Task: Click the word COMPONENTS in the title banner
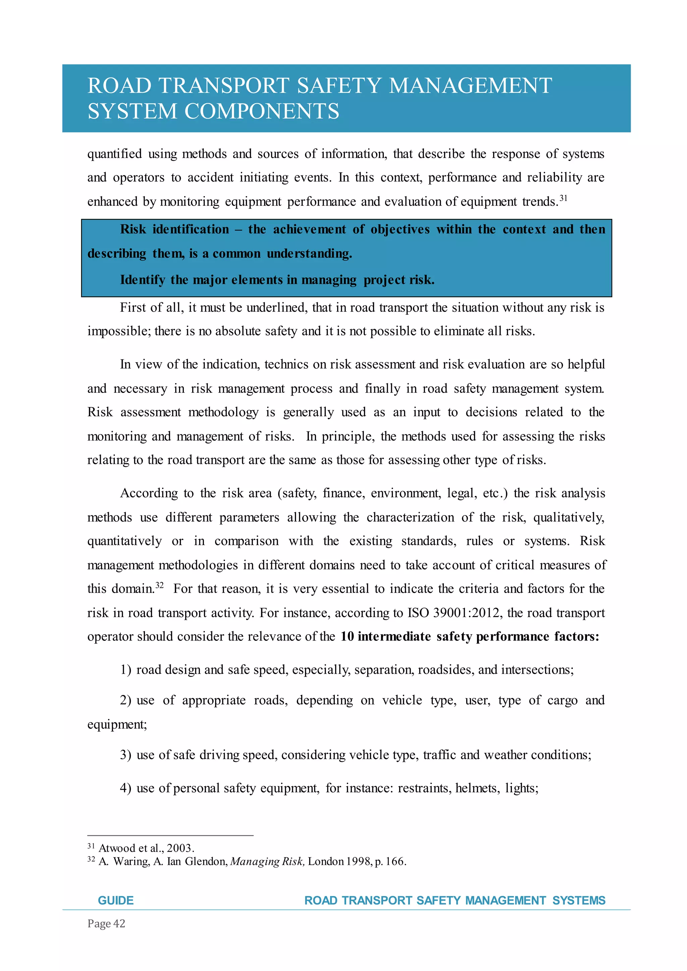pyautogui.click(x=262, y=112)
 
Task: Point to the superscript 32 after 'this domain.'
pyautogui.click(x=160, y=585)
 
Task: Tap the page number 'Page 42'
pyautogui.click(x=106, y=924)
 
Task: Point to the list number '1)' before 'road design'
pyautogui.click(x=126, y=670)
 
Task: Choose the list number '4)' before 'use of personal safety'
pyautogui.click(x=126, y=788)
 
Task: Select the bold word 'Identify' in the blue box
pyautogui.click(x=143, y=280)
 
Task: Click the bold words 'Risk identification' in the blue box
pyautogui.click(x=174, y=229)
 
